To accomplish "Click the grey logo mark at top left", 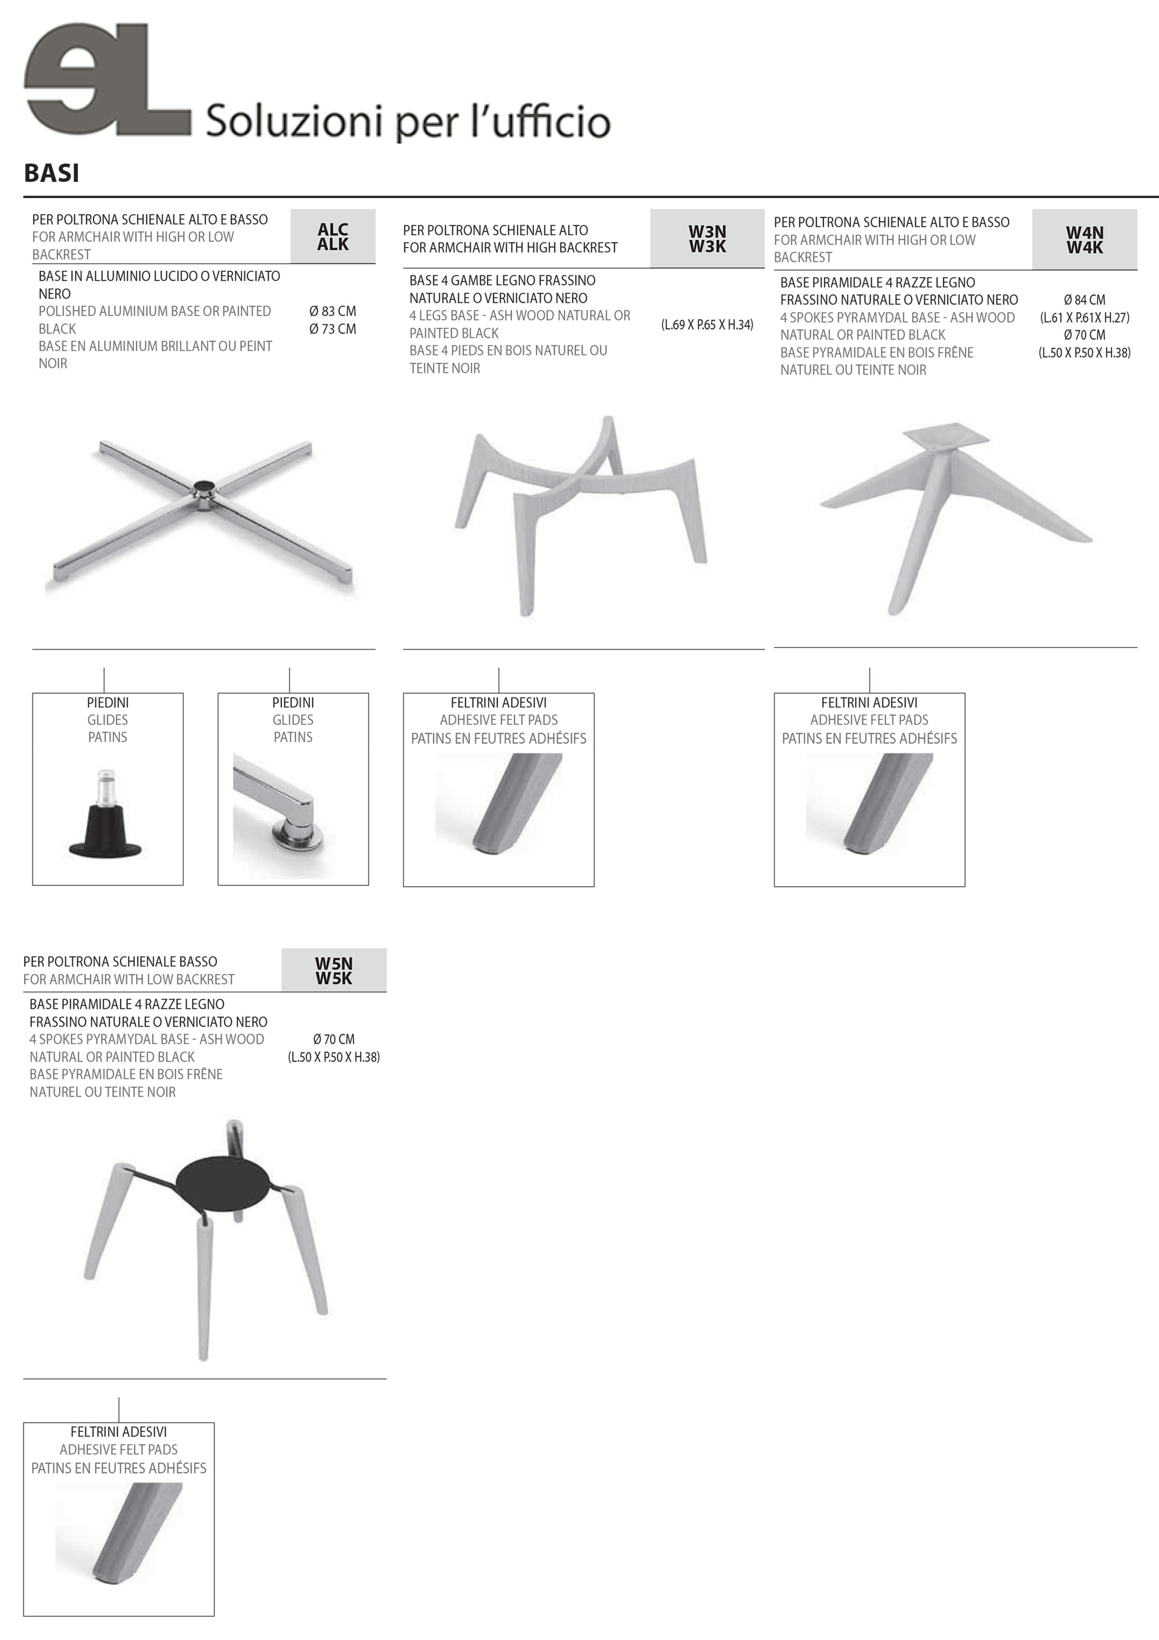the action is pos(107,78).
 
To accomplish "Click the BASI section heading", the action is pos(51,173).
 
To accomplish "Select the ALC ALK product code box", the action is pos(333,237).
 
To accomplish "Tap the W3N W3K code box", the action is pos(707,238).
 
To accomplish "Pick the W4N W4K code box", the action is pos(1084,240).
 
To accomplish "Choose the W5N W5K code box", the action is pos(334,970).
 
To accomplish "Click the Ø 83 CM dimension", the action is pos(333,311).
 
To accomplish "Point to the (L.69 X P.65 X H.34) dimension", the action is pos(707,325).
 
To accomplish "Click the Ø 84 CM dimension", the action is pos(1084,300).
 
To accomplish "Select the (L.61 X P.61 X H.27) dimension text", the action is pos(1084,318).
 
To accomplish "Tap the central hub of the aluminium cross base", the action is pos(204,493).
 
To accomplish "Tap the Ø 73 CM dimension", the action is pos(333,329).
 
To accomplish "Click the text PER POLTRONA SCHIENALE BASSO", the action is pos(120,962).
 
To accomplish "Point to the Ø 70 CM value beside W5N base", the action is pos(334,1039).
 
